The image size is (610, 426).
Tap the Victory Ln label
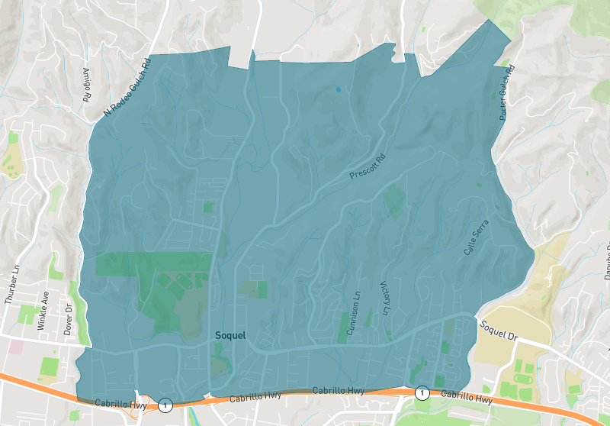pyautogui.click(x=384, y=299)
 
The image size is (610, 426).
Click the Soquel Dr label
pyautogui.click(x=499, y=331)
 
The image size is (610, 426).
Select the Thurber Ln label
pyautogui.click(x=11, y=285)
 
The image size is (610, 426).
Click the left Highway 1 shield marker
pyautogui.click(x=165, y=403)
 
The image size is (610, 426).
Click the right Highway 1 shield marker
pyautogui.click(x=422, y=392)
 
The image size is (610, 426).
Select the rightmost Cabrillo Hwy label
pyautogui.click(x=467, y=397)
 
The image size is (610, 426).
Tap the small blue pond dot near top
pyautogui.click(x=339, y=90)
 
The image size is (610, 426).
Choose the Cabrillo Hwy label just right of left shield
pyautogui.click(x=257, y=395)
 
